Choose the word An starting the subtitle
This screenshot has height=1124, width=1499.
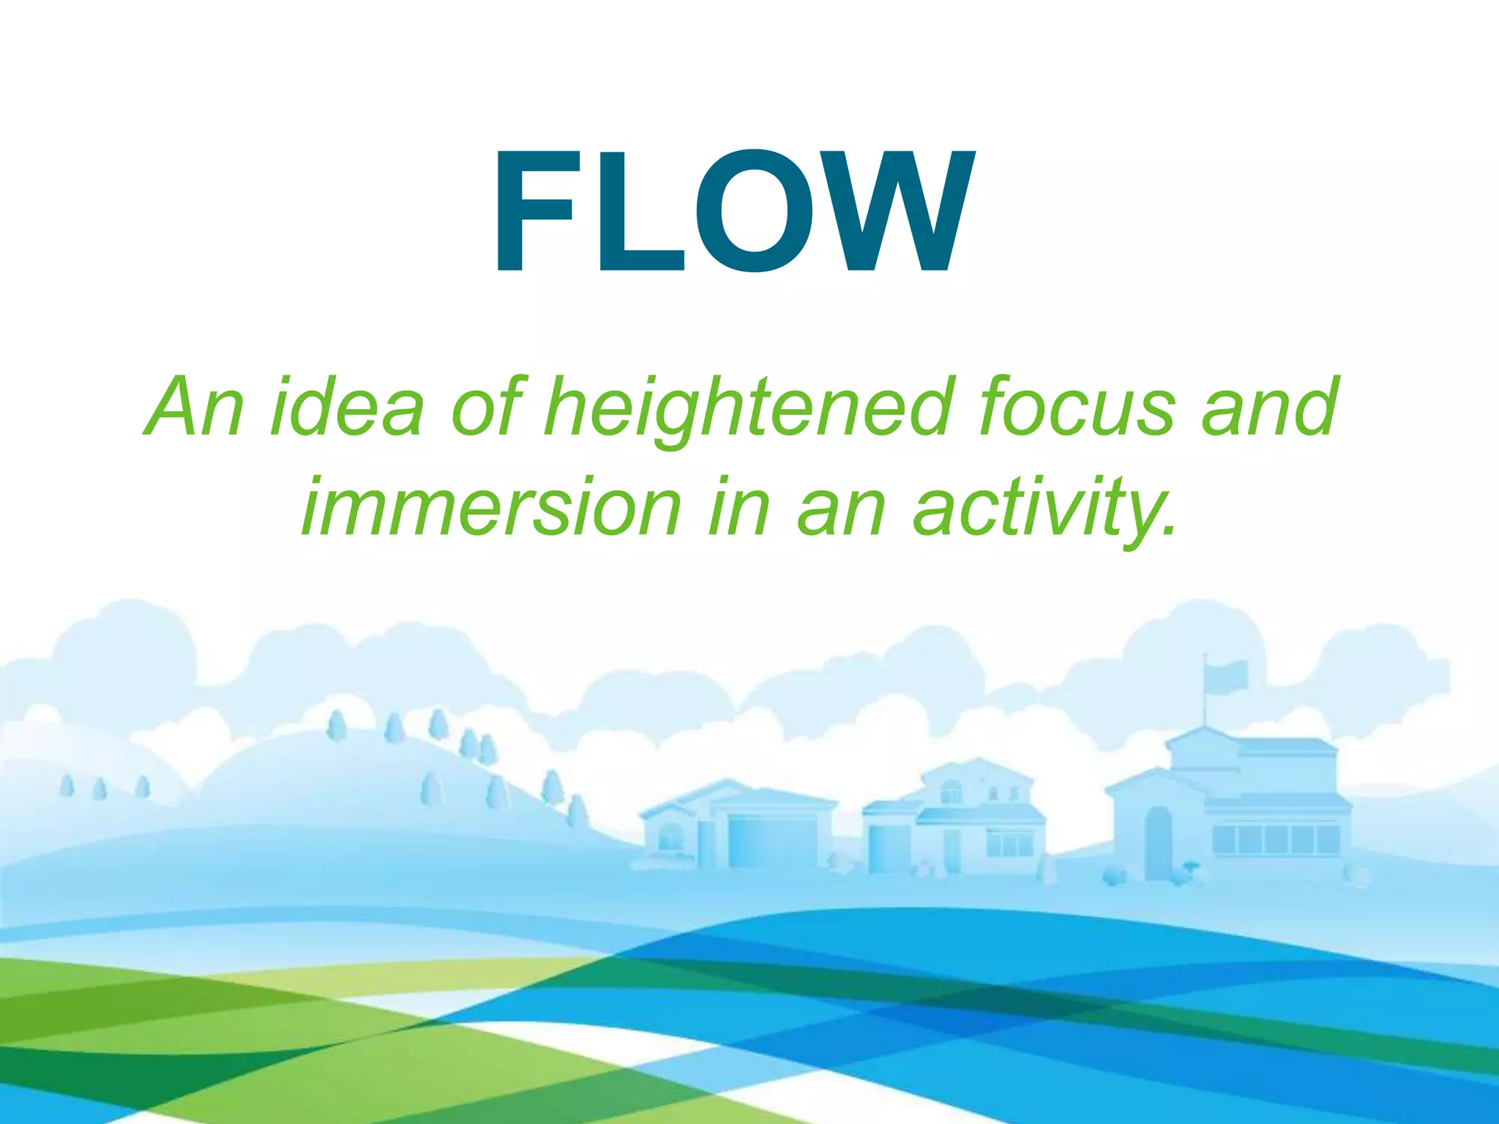[x=194, y=407]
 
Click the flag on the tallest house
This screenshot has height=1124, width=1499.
[x=1227, y=675]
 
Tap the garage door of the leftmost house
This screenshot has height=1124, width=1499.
[x=772, y=842]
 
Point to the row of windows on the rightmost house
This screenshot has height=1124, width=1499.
[x=1275, y=839]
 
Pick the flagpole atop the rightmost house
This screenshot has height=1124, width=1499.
[x=1205, y=695]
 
